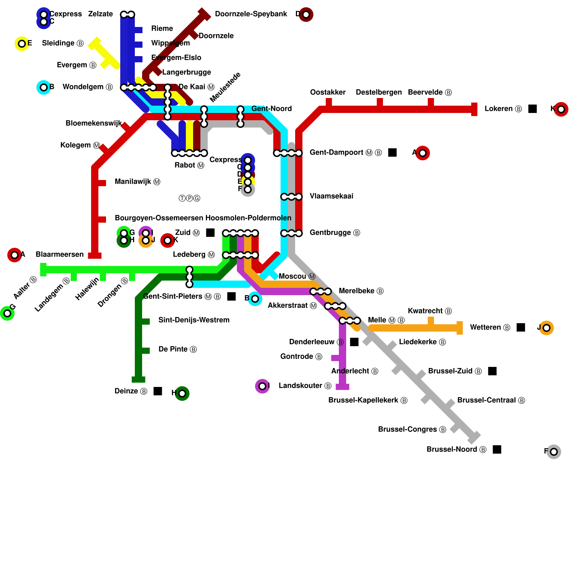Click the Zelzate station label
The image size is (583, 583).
click(x=100, y=14)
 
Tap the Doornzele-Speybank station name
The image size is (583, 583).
click(x=251, y=14)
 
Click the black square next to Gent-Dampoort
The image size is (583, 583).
click(x=392, y=152)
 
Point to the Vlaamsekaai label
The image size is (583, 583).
click(x=331, y=196)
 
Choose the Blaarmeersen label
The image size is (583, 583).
click(x=59, y=255)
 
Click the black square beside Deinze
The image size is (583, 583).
click(x=158, y=391)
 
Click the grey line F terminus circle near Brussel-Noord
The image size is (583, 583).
click(x=553, y=452)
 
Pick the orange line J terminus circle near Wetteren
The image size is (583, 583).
click(x=546, y=328)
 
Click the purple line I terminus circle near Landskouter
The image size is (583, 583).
click(x=262, y=386)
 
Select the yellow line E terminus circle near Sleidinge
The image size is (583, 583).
click(x=22, y=44)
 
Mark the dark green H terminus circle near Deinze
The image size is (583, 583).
click(x=182, y=394)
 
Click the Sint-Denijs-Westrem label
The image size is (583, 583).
click(x=194, y=320)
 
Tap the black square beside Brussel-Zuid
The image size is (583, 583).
click(x=492, y=371)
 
